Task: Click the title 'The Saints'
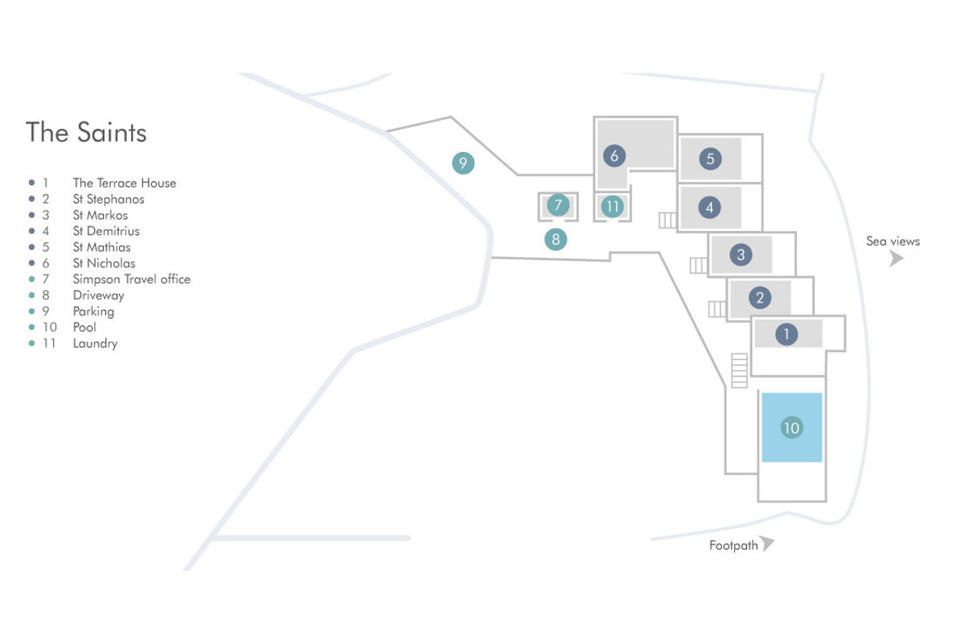tap(86, 132)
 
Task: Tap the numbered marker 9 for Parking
tap(463, 163)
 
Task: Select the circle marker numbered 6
tap(614, 155)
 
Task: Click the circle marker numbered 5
tap(710, 159)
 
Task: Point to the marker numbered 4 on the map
tap(709, 208)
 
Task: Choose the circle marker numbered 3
tap(741, 254)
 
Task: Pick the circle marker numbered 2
tap(760, 298)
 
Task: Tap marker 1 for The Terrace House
tap(786, 334)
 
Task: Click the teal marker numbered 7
tap(558, 205)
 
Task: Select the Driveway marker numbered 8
tap(556, 239)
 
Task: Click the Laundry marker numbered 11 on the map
tap(613, 207)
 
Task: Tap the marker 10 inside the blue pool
tap(792, 428)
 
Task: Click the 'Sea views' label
tap(893, 242)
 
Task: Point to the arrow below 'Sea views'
tap(897, 259)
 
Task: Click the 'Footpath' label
tap(733, 546)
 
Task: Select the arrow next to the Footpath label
tap(767, 543)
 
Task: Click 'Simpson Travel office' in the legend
tap(131, 279)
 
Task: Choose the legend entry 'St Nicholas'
tap(104, 263)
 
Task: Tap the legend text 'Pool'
tap(84, 328)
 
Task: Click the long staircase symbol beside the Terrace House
tap(739, 370)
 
